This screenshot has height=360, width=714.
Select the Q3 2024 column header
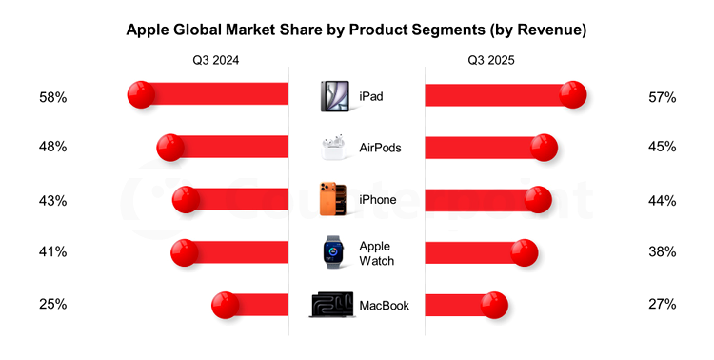(215, 60)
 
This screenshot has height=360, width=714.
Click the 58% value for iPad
(52, 97)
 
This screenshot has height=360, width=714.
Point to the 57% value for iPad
(662, 97)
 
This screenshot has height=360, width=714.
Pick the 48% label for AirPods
(52, 148)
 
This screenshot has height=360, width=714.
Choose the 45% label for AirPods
(662, 148)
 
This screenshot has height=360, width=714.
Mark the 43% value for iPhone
(52, 201)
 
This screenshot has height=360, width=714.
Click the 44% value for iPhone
(662, 201)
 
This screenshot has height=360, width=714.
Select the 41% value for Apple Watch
(52, 252)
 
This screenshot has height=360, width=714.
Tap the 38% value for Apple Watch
(662, 252)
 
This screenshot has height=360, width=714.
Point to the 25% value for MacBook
(52, 305)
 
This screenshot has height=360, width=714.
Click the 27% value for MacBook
(662, 305)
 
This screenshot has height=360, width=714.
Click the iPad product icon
(335, 96)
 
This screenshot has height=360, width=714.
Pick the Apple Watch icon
(334, 252)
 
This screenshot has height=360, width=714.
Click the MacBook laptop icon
(332, 305)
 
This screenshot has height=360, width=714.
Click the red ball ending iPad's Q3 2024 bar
(142, 93)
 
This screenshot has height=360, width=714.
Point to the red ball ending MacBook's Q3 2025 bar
(493, 305)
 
